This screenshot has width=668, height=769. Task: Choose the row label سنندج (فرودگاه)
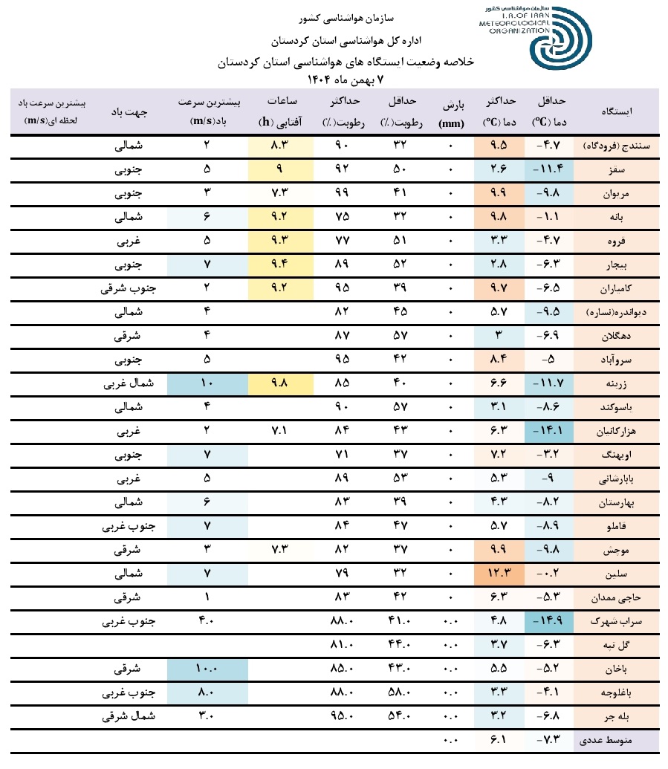click(x=616, y=146)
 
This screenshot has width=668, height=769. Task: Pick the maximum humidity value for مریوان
click(x=341, y=193)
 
